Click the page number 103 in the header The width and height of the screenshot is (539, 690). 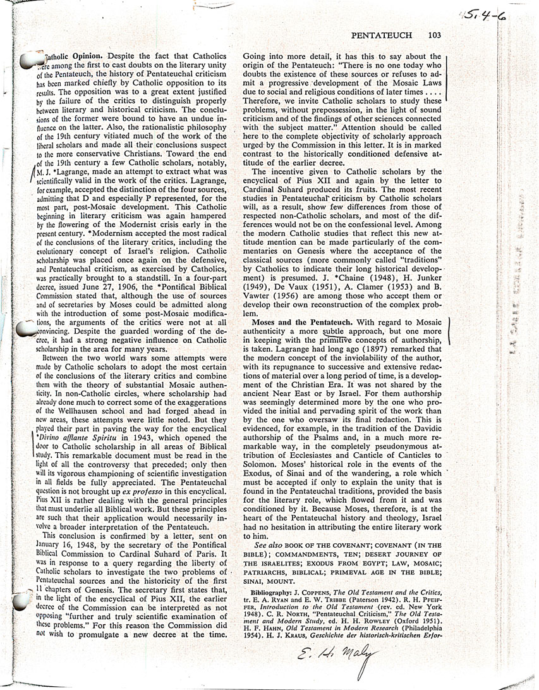[433, 36]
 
